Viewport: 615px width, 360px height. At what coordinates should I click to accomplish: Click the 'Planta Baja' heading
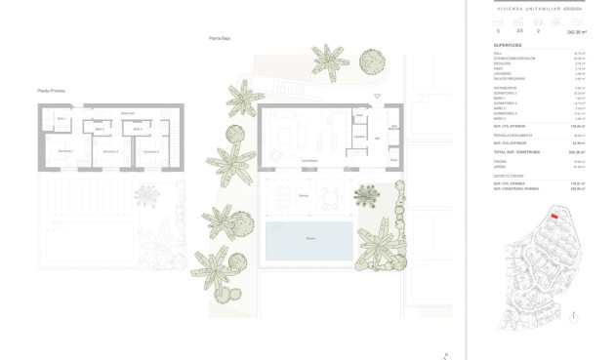coord(219,38)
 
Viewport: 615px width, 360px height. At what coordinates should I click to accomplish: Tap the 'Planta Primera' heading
coord(51,91)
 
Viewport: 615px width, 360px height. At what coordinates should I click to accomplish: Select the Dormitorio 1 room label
coord(65,151)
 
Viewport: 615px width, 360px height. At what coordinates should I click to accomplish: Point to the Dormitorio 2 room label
coord(110,151)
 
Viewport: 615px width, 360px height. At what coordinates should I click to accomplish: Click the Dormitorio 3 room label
coord(150,151)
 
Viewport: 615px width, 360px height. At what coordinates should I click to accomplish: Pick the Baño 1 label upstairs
coord(61,119)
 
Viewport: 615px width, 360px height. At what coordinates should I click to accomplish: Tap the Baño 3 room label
coord(137,129)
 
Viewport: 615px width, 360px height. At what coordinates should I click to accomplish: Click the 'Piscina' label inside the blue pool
coord(310,238)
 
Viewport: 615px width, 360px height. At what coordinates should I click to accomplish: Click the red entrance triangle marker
coord(378,96)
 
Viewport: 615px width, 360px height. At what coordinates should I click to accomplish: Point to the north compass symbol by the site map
coord(576,316)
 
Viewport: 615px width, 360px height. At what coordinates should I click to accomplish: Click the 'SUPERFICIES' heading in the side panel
coord(507,46)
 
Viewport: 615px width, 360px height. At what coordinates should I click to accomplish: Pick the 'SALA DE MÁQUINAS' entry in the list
coord(506,78)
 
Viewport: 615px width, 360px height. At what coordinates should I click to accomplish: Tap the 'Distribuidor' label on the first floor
coord(127,113)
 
